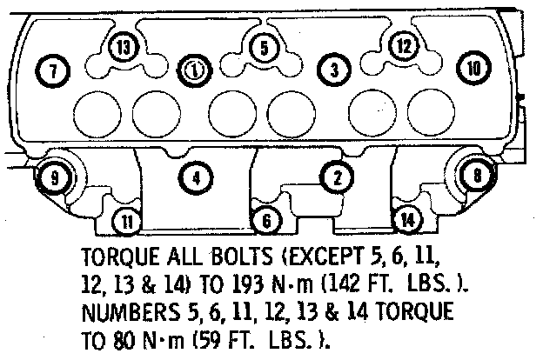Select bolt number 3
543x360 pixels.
click(336, 68)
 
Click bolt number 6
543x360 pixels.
click(266, 221)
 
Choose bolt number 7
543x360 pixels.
click(54, 70)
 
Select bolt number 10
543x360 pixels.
click(473, 67)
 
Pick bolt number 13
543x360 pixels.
click(124, 45)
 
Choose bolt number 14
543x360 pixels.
click(406, 221)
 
